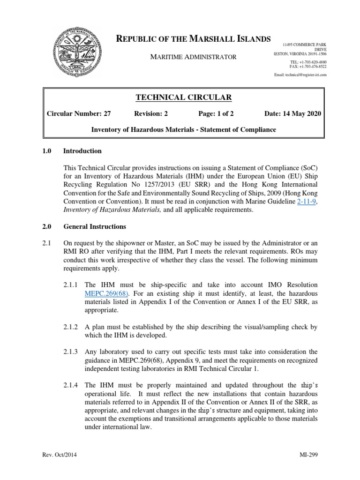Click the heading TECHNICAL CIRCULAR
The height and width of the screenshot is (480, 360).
[177, 97]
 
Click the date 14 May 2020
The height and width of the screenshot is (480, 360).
[292, 114]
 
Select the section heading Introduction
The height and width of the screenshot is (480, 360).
[82, 151]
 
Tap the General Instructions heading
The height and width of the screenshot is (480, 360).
[94, 226]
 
